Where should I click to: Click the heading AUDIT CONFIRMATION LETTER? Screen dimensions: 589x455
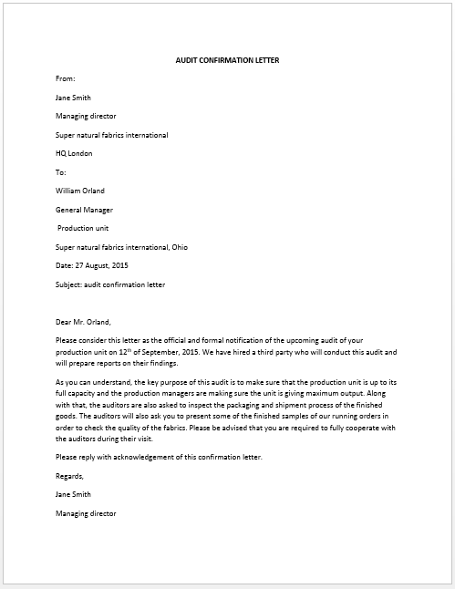(x=227, y=60)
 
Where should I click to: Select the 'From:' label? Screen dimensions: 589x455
(x=66, y=79)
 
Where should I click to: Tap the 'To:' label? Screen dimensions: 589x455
(x=61, y=171)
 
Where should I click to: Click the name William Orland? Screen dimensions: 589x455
(x=80, y=191)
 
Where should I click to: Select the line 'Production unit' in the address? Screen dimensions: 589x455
(x=84, y=228)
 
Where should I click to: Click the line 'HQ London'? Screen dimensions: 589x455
(x=74, y=153)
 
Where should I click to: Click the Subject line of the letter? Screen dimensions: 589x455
(x=110, y=284)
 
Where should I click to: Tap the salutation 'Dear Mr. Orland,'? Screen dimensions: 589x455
(x=88, y=321)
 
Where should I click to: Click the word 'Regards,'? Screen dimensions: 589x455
(x=69, y=475)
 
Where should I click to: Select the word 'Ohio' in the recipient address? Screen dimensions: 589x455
(x=180, y=246)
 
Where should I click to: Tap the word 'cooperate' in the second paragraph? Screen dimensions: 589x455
(x=369, y=427)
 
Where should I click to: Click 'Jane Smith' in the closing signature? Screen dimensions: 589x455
(x=73, y=494)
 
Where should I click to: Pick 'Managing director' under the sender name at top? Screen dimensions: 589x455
(x=86, y=116)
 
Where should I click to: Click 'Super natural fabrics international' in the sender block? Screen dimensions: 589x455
(x=111, y=135)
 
